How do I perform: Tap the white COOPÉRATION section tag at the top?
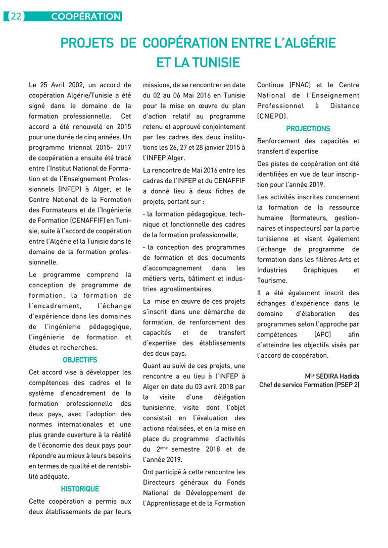coord(86,17)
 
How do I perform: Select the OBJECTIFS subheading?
coord(80,360)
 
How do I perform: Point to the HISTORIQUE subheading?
coord(80,488)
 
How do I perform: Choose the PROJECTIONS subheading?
coord(308,128)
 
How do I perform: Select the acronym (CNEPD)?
coord(273,116)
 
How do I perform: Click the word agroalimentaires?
coord(185,289)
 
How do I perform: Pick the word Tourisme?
coord(272,281)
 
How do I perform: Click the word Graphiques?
coord(320,270)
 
